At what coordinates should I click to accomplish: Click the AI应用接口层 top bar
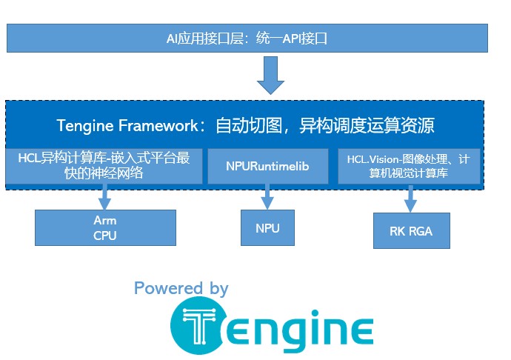(247, 38)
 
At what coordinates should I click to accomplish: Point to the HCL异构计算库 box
(104, 166)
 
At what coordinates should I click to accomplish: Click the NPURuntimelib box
(267, 167)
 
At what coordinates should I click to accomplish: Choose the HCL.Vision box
(409, 166)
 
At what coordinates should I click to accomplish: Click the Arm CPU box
(105, 227)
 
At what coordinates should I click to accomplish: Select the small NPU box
(267, 227)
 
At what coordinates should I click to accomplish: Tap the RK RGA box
(410, 232)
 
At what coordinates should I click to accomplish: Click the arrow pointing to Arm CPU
(105, 196)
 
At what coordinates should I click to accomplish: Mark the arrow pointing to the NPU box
(267, 196)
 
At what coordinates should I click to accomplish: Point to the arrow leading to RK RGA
(410, 199)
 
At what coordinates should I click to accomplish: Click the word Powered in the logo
(168, 288)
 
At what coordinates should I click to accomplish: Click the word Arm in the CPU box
(105, 221)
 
